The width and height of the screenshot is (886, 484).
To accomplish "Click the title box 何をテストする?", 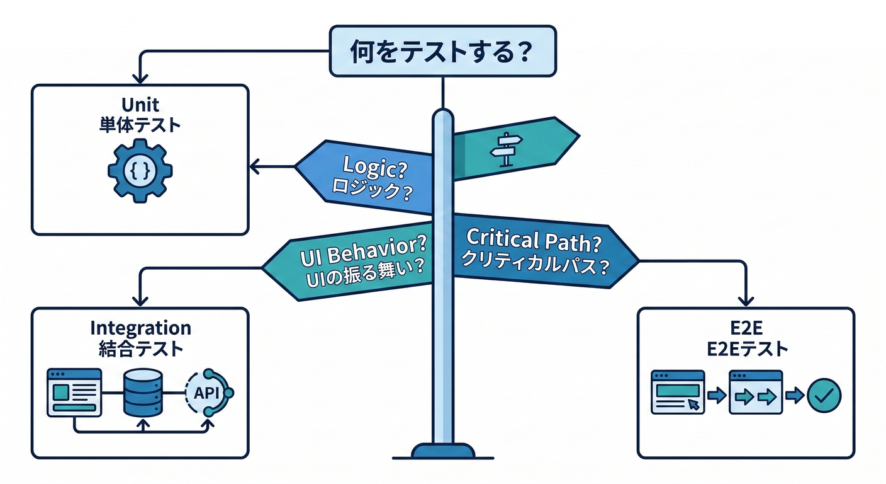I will (x=443, y=51).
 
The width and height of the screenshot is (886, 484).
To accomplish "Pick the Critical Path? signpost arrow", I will (x=541, y=252).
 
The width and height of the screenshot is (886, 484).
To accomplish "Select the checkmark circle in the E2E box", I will (x=824, y=395).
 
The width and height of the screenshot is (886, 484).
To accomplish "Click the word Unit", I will (x=140, y=105).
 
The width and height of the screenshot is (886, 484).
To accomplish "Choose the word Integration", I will (x=140, y=328).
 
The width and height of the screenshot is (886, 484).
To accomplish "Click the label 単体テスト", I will (x=140, y=125).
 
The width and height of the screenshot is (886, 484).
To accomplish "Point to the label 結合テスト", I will (x=140, y=348).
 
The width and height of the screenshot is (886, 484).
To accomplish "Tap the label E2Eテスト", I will (x=746, y=349).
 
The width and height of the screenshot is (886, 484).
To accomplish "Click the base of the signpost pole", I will (x=443, y=451).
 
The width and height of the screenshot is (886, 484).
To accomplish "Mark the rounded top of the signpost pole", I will (x=443, y=115).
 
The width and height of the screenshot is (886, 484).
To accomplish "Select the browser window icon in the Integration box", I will (x=74, y=391).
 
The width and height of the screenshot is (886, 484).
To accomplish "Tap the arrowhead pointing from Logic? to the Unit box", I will (x=255, y=167).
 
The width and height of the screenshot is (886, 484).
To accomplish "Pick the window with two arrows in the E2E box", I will (x=755, y=392).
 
